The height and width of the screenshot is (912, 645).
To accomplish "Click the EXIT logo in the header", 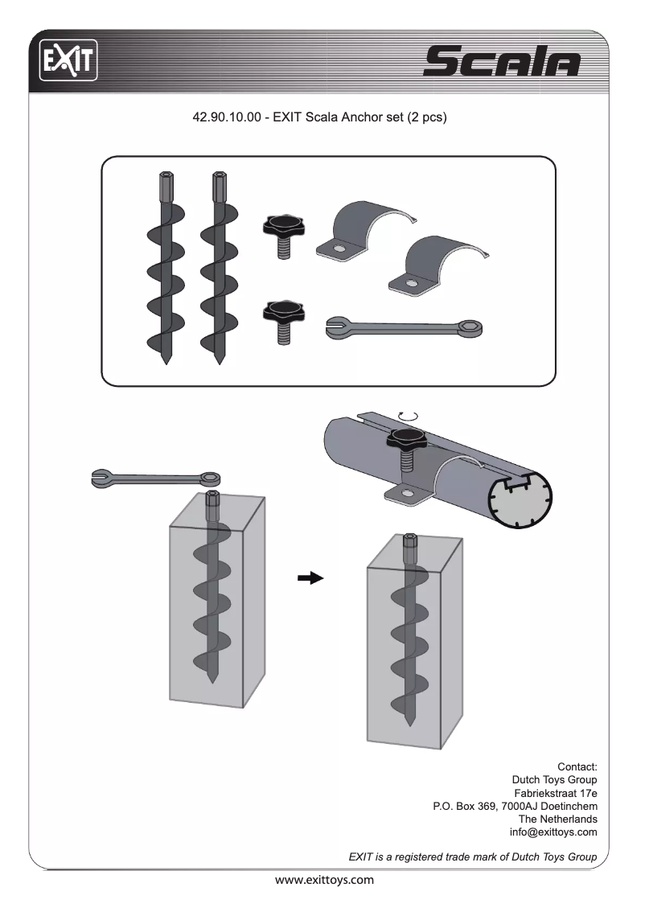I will (x=68, y=60).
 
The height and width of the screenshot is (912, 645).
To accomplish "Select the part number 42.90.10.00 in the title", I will (x=226, y=117).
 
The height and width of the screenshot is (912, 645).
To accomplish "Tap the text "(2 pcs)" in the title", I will (x=426, y=117).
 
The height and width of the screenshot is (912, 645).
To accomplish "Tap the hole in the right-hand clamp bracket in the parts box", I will (x=412, y=283).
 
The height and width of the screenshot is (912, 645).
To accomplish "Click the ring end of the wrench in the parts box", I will (x=471, y=326).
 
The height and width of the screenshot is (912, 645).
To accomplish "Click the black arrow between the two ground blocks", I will (x=310, y=577).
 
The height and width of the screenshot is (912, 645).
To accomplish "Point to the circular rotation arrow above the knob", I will (x=409, y=415).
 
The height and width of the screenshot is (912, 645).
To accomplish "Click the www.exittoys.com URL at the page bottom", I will (x=324, y=880).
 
